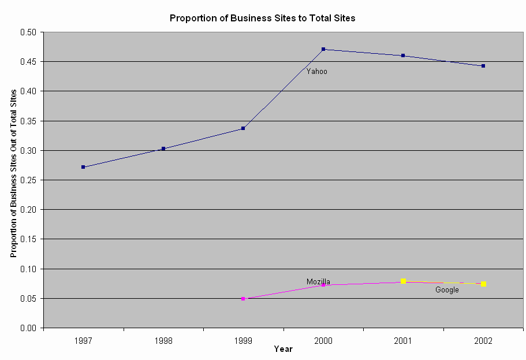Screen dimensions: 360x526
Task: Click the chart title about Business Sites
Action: coord(262,18)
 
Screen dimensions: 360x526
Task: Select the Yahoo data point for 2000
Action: coord(323,49)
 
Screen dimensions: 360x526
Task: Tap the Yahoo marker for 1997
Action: coord(83,167)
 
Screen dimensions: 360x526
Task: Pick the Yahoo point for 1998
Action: coord(163,149)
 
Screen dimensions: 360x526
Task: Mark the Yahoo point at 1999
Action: coord(243,128)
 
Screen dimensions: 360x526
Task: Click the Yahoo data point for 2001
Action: coord(403,55)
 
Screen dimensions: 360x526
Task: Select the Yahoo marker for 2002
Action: coord(483,66)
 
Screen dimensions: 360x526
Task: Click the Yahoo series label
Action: coord(316,72)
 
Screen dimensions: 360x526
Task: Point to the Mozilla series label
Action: coord(318,282)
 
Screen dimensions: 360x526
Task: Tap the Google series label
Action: coord(447,290)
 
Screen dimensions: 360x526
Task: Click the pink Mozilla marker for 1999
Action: coord(243,299)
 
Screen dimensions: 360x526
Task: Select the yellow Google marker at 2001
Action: coord(404,281)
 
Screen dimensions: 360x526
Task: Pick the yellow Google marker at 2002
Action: coord(483,284)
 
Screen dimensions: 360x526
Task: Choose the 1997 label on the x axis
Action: coord(83,341)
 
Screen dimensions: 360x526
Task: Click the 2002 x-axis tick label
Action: coord(483,341)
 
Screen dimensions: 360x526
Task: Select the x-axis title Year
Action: coord(283,349)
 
